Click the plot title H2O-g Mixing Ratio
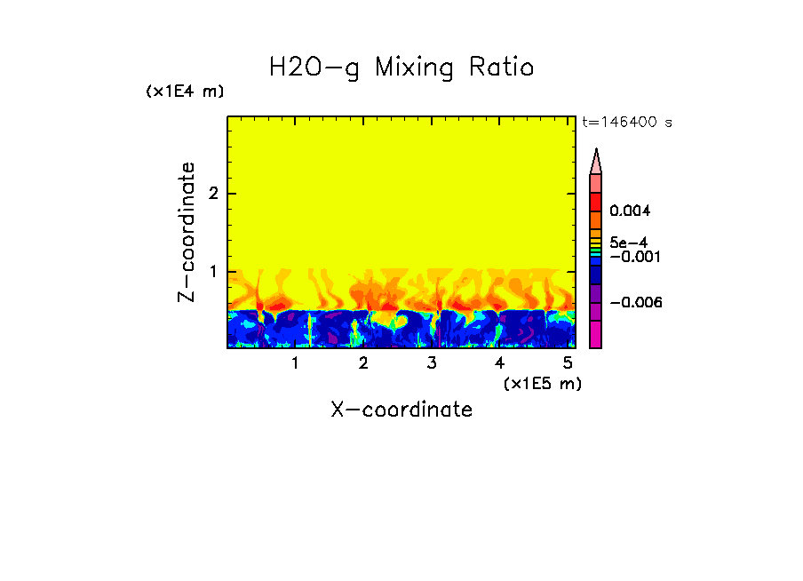click(x=401, y=68)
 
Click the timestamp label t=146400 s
click(x=626, y=123)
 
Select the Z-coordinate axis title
click(x=187, y=232)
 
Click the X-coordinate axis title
click(x=401, y=410)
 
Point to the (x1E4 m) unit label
click(x=185, y=92)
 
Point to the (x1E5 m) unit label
click(x=542, y=383)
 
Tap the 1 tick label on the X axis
click(x=295, y=363)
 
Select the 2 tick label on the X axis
click(x=363, y=363)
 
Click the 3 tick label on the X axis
click(x=432, y=363)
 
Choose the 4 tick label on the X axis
click(x=499, y=363)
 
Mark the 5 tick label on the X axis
click(x=568, y=363)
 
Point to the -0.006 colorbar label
click(x=635, y=302)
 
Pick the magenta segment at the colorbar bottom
click(x=596, y=334)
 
